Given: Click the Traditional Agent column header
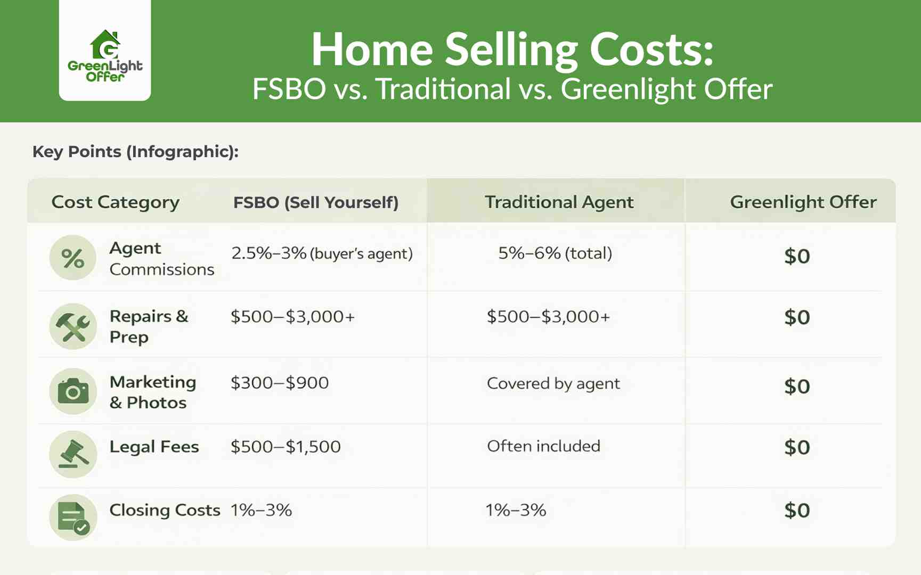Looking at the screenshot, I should coord(559,202).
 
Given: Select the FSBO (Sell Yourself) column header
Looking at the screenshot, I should coord(316,202).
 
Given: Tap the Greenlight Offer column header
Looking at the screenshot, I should coord(803,202).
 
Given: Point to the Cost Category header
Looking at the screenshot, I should coord(115,202).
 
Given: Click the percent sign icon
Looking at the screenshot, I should coord(73,258).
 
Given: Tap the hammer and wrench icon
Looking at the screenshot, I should coord(73,326).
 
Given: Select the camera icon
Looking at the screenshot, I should coord(73,392).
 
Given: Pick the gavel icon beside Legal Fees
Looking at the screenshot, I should coord(73,454).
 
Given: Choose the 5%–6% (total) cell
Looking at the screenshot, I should coord(555,253).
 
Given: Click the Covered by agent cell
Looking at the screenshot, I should coord(553,384).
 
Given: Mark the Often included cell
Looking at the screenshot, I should coord(543,446).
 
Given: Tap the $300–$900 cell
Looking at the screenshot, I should coord(280,383).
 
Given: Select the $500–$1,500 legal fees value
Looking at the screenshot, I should coord(286,447).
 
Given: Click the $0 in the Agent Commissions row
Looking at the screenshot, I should coord(797,257).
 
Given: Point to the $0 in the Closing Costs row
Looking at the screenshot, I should coord(797,511).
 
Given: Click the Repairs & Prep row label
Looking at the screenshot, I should coord(149,326).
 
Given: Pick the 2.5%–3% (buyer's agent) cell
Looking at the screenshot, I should coord(322,253).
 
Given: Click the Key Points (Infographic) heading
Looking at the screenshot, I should coord(135,152).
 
